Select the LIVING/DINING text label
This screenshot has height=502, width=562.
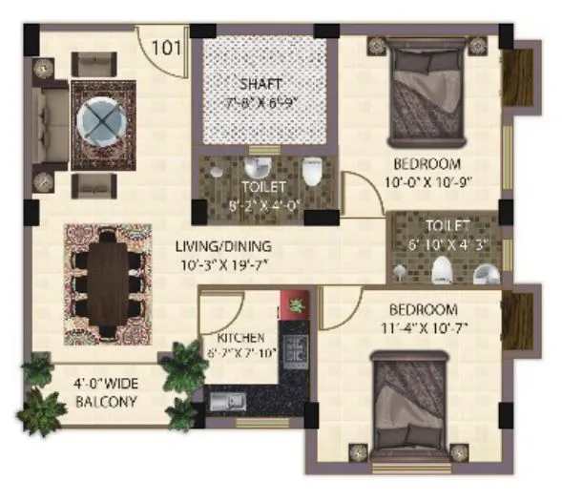pyautogui.click(x=223, y=245)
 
